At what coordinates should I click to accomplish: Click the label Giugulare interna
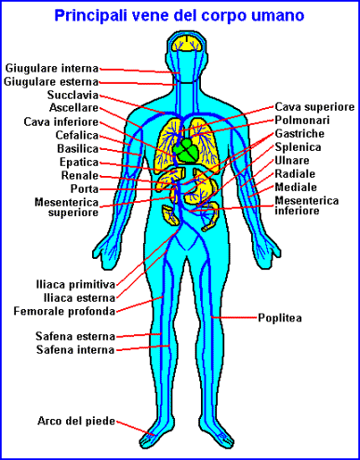tap(52, 69)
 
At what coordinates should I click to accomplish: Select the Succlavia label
tap(73, 95)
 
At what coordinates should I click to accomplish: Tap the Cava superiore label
tap(314, 107)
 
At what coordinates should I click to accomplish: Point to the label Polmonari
tap(302, 120)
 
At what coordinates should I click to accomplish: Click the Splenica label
tap(298, 147)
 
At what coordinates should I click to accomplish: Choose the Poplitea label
tap(280, 318)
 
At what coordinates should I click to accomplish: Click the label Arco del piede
tap(76, 421)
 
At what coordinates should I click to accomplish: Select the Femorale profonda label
tap(64, 311)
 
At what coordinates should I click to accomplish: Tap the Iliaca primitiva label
tap(75, 285)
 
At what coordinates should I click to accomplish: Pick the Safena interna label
tap(75, 350)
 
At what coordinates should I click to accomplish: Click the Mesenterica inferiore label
tap(306, 206)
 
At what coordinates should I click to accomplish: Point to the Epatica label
tap(79, 162)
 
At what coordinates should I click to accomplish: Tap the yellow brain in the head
tap(187, 43)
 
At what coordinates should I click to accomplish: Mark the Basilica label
tap(78, 149)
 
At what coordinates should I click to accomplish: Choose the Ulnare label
tap(292, 160)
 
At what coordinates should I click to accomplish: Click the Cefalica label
tap(77, 135)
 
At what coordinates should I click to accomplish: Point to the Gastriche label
tap(300, 134)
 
